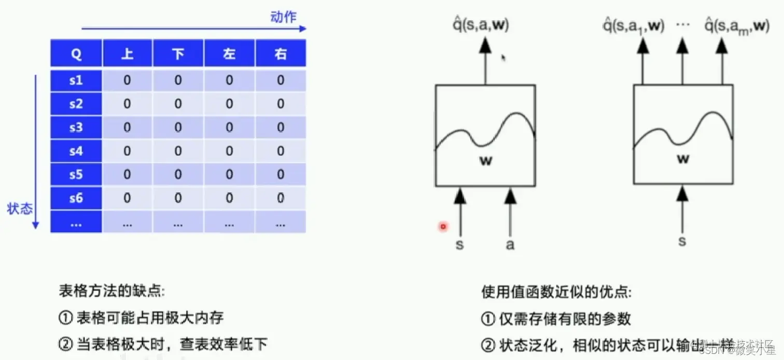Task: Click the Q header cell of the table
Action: click(x=76, y=54)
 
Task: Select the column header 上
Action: click(x=127, y=54)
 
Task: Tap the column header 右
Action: click(x=281, y=54)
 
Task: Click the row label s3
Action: click(x=76, y=128)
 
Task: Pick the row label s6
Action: click(x=76, y=198)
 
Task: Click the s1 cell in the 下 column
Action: click(x=178, y=80)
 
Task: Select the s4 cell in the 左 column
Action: click(x=229, y=151)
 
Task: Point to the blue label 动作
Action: click(x=283, y=17)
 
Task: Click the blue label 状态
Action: click(x=20, y=209)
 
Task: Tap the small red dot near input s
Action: click(x=443, y=226)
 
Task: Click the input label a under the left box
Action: click(x=510, y=244)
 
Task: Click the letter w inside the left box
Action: click(x=485, y=161)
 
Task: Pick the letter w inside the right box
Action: click(x=683, y=159)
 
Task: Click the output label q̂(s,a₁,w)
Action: click(x=633, y=26)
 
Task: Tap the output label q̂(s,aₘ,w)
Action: click(x=737, y=26)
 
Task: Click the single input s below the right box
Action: click(x=682, y=241)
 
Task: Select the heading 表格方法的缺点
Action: click(x=111, y=291)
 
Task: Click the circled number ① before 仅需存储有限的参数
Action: click(x=488, y=319)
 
